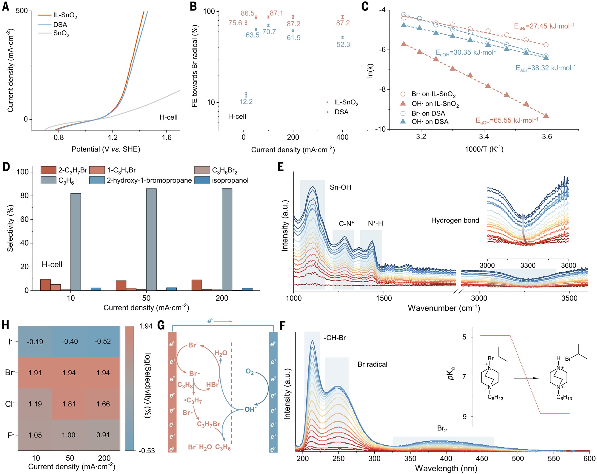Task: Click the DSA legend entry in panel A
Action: [x=60, y=25]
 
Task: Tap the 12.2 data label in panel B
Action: [x=246, y=102]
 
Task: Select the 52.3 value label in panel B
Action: [x=343, y=45]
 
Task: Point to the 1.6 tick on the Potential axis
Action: [x=167, y=138]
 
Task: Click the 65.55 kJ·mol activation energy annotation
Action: [x=507, y=121]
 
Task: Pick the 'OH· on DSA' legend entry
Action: [x=430, y=122]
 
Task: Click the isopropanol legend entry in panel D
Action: [x=230, y=180]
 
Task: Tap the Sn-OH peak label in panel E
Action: [x=340, y=187]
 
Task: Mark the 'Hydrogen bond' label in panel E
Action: [x=455, y=220]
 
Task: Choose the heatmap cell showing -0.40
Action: [x=70, y=342]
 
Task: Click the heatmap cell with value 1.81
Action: [x=69, y=404]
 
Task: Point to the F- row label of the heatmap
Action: [x=10, y=436]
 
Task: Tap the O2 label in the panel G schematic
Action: [x=250, y=372]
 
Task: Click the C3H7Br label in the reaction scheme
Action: [x=208, y=424]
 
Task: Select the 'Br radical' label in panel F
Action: [x=372, y=364]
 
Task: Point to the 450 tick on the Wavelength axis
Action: [x=482, y=458]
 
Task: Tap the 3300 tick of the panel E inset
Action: [x=528, y=265]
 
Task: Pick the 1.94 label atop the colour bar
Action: [x=146, y=326]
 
